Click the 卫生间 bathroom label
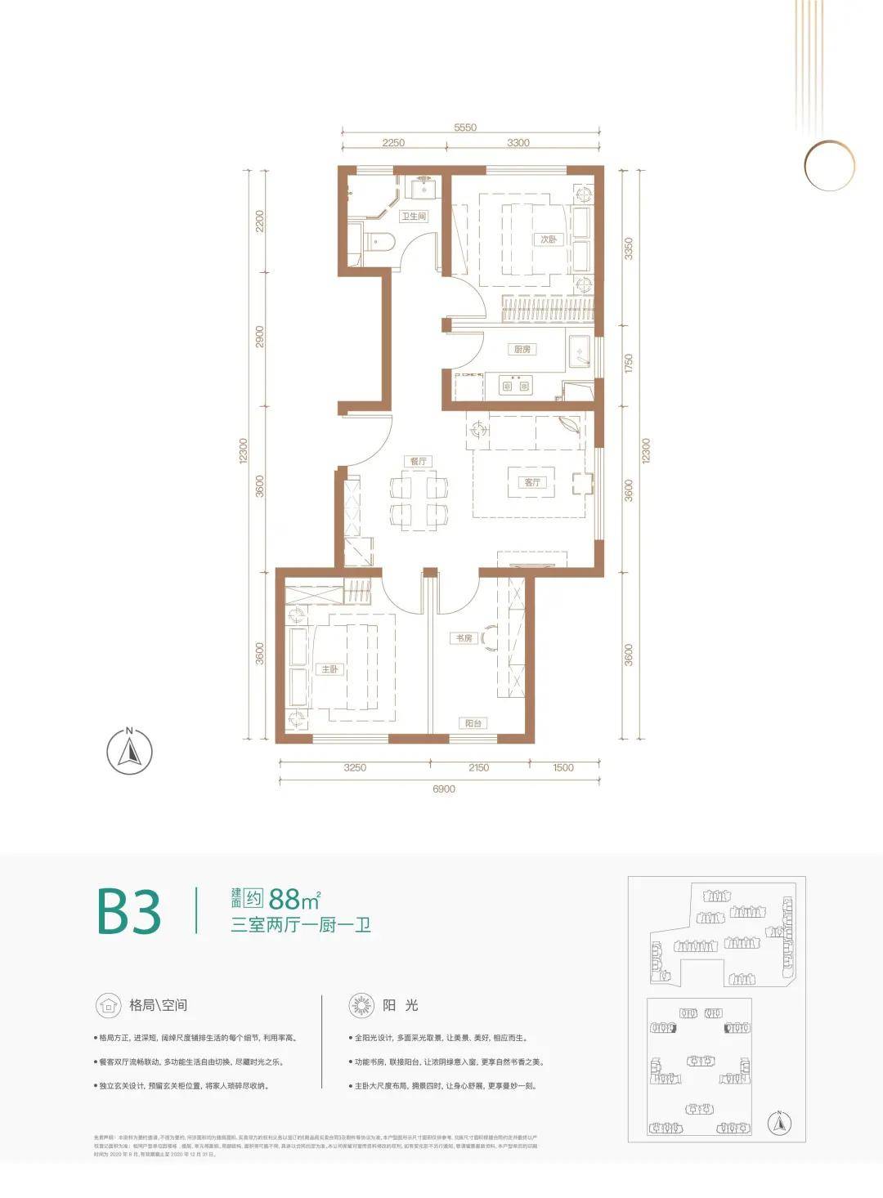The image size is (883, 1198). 414,217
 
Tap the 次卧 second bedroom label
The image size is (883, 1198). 548,239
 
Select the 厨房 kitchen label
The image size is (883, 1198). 522,349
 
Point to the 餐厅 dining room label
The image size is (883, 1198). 419,461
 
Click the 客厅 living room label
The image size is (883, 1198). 532,482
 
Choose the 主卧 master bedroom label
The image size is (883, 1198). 329,669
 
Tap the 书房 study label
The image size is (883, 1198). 464,637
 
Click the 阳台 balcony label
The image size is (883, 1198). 473,723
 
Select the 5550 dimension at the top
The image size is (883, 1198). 464,127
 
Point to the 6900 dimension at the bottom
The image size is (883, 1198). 443,789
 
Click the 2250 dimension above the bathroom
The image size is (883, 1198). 393,142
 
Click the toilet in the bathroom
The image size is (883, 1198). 378,241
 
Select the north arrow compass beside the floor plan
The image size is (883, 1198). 129,750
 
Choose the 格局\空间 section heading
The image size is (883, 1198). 158,1005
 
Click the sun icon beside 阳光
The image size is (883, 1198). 361,1005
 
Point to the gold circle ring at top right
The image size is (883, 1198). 828,166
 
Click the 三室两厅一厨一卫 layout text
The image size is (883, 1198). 300,926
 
